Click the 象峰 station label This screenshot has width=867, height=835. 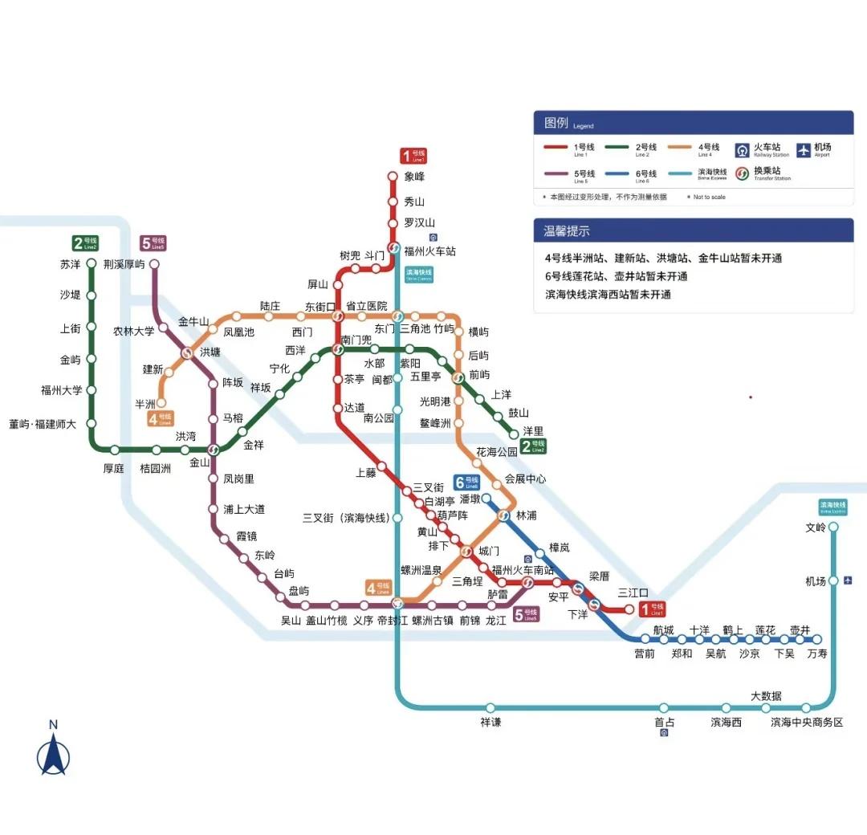click(414, 177)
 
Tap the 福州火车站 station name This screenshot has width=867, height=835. click(429, 251)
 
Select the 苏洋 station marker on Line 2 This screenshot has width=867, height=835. click(92, 264)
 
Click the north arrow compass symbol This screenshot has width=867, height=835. click(53, 751)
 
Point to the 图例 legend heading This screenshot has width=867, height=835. click(556, 123)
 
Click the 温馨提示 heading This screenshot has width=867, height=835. click(568, 230)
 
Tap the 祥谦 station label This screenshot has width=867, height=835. click(490, 722)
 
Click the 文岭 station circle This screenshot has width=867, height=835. click(833, 527)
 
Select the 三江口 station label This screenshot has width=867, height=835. click(633, 593)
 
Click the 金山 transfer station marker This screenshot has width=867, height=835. click(214, 450)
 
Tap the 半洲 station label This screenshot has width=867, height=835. click(144, 404)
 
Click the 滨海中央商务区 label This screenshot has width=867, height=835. click(807, 722)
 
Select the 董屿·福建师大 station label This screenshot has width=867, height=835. click(43, 424)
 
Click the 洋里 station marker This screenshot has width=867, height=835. click(515, 434)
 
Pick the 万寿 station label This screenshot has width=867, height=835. click(817, 654)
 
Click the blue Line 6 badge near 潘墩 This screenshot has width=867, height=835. click(466, 482)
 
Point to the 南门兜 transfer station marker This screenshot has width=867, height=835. click(338, 349)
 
